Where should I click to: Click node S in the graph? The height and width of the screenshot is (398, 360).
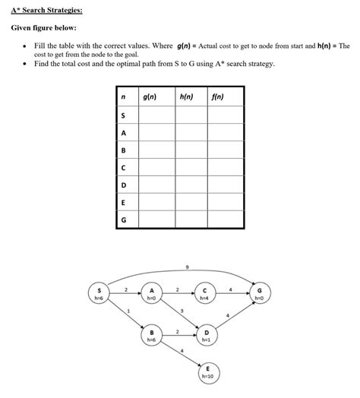(x=98, y=293)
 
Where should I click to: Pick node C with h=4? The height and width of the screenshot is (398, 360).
(x=205, y=293)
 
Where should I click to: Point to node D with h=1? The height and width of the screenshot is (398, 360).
(x=205, y=336)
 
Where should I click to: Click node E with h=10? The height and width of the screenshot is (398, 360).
(x=205, y=371)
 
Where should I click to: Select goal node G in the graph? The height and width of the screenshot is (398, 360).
(x=260, y=293)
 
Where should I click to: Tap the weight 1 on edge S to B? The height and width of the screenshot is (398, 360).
(x=128, y=311)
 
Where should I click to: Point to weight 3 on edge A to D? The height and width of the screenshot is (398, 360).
(x=182, y=311)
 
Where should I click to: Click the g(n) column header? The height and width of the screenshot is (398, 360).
(x=149, y=98)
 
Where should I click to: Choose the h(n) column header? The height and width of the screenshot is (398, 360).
(x=186, y=98)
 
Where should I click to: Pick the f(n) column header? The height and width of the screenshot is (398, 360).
(x=218, y=98)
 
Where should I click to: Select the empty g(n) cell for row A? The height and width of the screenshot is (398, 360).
(x=155, y=133)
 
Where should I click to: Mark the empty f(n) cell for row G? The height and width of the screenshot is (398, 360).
(x=225, y=220)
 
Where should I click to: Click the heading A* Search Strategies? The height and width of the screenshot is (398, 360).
(x=46, y=11)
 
